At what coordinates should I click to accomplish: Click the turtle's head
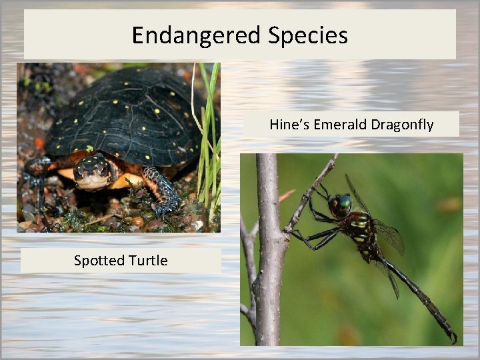pyautogui.click(x=93, y=172)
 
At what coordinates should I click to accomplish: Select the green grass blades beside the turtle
pyautogui.click(x=208, y=133)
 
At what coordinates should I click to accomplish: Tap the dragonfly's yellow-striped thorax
pyautogui.click(x=360, y=227)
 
